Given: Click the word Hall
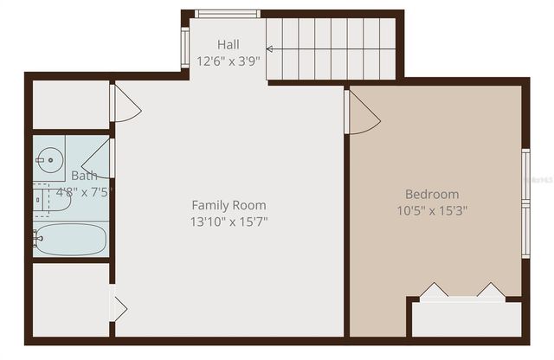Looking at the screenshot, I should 229,45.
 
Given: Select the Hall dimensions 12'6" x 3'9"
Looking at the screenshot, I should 229,61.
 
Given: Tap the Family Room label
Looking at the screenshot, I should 229,205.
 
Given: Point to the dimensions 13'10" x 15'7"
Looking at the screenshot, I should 229,222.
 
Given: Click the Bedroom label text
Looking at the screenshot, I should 432,194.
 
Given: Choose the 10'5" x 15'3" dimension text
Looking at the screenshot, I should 432,210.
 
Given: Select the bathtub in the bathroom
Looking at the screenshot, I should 70,240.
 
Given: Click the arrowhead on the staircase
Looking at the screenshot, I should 270,49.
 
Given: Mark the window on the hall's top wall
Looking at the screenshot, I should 227,14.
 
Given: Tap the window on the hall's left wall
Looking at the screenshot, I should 184,47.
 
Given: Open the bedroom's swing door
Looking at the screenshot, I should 362,113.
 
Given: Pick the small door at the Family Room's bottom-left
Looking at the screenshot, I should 118,308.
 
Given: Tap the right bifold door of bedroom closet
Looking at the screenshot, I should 490,291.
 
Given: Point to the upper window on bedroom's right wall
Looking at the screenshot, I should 525,177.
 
